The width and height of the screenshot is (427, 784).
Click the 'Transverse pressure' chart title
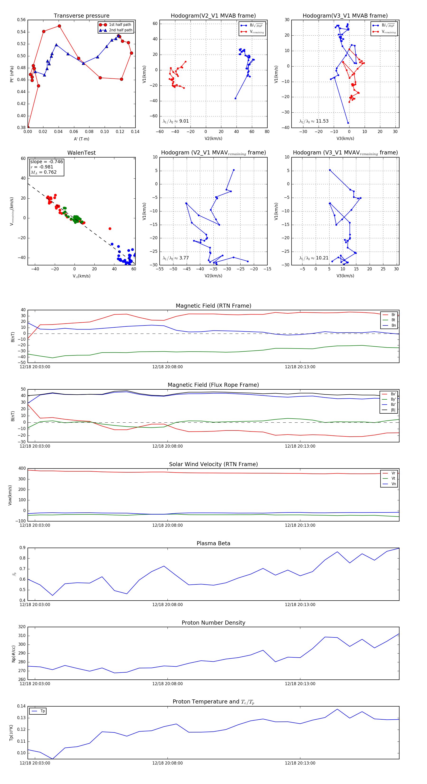click(81, 16)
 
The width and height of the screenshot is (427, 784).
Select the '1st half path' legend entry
click(120, 25)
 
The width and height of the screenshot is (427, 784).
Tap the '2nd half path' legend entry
click(120, 30)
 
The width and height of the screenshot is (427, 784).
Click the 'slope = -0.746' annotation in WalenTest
click(46, 162)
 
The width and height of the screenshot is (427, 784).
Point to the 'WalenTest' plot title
click(81, 153)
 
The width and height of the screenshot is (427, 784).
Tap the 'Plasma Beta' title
click(213, 543)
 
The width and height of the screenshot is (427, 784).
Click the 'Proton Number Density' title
click(213, 622)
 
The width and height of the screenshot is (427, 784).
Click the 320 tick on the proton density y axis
click(22, 627)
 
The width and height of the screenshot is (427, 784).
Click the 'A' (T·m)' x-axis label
click(81, 139)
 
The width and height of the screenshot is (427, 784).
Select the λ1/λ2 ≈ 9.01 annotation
click(176, 121)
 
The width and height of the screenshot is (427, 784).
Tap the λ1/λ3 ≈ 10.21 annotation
click(314, 258)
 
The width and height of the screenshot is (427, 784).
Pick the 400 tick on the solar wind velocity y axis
click(22, 468)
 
